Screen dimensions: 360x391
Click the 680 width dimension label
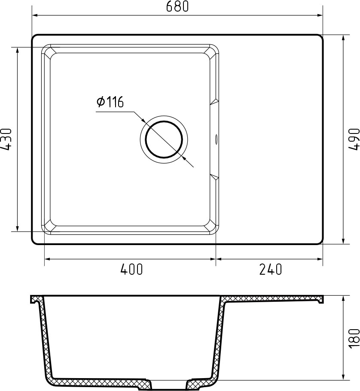(177, 6)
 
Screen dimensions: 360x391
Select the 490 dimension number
(354, 139)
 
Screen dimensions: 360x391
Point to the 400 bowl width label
(131, 269)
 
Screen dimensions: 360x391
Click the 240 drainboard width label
(270, 269)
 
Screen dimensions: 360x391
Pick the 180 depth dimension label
(354, 338)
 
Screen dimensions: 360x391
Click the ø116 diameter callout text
(110, 102)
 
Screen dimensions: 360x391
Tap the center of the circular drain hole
(164, 139)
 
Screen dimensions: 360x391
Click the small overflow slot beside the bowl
(216, 139)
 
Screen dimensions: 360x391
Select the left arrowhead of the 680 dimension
(35, 15)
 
